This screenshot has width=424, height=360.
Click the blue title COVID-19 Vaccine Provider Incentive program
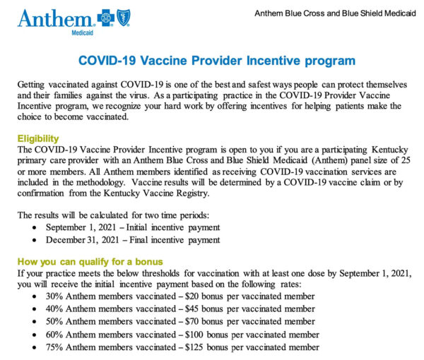(x=212, y=61)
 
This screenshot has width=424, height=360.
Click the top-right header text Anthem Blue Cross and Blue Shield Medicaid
(x=332, y=13)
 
